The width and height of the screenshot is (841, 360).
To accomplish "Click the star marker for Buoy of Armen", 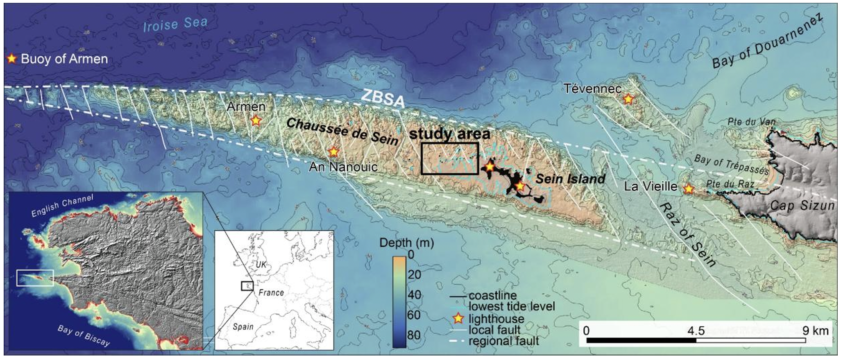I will click(x=12, y=59).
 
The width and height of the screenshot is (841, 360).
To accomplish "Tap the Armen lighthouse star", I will click(x=256, y=120).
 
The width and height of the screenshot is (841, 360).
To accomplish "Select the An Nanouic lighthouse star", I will click(x=334, y=152).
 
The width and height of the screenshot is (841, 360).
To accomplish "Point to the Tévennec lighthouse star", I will click(x=628, y=99).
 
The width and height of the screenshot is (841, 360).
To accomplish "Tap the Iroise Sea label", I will click(x=175, y=24).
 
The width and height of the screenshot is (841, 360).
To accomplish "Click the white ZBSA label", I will click(x=383, y=99).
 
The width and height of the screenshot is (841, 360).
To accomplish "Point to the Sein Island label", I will click(x=570, y=179).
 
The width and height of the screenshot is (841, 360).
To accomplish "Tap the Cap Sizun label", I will click(x=802, y=206).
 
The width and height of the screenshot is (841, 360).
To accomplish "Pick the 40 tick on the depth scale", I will click(x=414, y=294).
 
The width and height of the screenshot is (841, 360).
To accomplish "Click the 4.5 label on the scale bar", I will click(x=696, y=331).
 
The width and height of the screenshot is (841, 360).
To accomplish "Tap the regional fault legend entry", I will click(x=503, y=341).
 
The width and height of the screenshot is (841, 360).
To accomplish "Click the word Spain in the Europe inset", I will click(x=243, y=327).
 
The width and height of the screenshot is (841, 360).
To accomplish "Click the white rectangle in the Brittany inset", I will click(x=35, y=278).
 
